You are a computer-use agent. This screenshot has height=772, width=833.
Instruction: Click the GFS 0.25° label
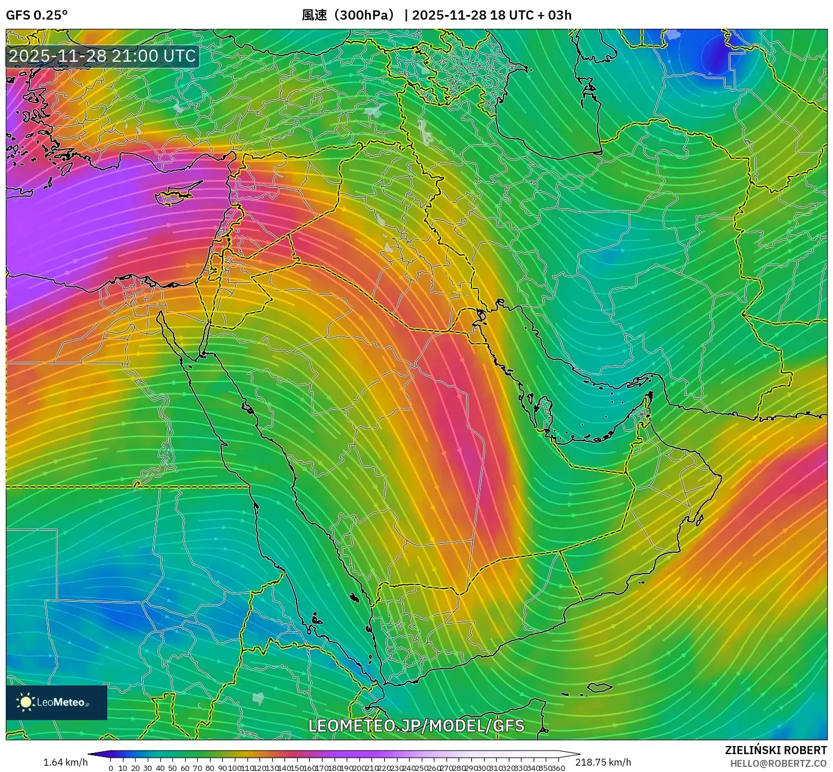(36, 15)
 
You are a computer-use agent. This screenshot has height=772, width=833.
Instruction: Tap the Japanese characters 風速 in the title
(314, 15)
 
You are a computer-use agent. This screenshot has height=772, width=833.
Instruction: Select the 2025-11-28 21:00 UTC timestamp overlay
(102, 56)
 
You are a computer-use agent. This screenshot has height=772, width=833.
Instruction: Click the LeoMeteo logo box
(57, 702)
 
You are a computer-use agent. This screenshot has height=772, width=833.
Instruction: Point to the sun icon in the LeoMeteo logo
(25, 702)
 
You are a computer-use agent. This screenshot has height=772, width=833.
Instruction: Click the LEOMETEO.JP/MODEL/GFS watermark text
(416, 725)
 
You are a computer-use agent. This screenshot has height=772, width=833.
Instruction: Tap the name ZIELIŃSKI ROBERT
(775, 750)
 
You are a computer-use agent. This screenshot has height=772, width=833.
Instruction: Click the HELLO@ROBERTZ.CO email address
(778, 763)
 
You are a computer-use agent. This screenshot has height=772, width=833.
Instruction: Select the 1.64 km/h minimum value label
(65, 762)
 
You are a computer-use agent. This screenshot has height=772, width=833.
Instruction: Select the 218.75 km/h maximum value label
(603, 762)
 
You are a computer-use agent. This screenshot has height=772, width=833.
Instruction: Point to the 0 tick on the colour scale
(111, 768)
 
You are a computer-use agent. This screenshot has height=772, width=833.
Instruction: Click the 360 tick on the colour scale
(558, 768)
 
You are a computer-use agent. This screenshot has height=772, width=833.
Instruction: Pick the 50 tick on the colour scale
(172, 768)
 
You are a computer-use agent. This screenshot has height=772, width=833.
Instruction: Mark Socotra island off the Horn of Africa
(600, 687)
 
